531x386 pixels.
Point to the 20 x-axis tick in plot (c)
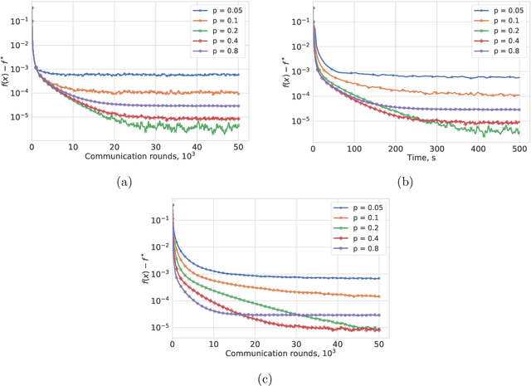[x=254, y=345]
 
